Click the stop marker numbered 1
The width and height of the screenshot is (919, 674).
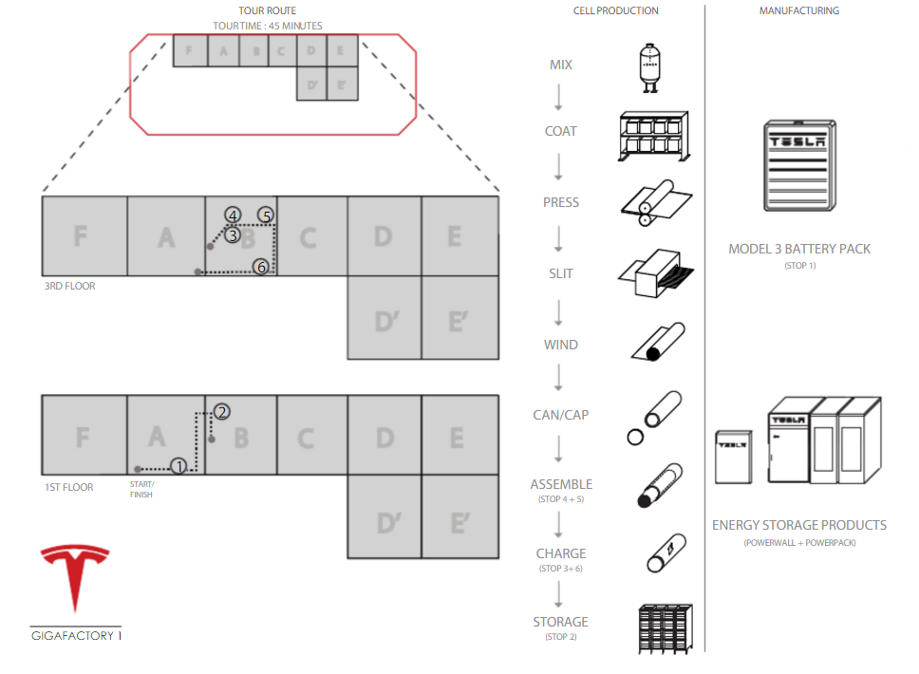coord(178,465)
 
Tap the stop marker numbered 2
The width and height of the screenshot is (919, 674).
coord(221,412)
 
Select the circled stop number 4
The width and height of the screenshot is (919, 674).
coord(233,215)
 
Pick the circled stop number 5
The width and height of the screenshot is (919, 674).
coord(267,215)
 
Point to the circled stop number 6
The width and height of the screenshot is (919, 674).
coord(261,267)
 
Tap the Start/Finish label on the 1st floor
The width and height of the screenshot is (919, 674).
coord(141,489)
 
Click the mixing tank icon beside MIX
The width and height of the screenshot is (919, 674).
coord(648,66)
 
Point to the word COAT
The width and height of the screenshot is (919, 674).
coord(560,131)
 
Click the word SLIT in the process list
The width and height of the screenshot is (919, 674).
coord(560,273)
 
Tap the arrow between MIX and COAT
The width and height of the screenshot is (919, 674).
coord(559,97)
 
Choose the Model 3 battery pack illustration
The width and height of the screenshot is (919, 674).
coord(798,167)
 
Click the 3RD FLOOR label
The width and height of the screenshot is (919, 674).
coord(69,285)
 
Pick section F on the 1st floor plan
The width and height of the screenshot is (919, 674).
coord(84,438)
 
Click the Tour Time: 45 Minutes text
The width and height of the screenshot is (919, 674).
coord(267,26)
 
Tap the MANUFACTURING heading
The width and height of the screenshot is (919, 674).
coord(798,10)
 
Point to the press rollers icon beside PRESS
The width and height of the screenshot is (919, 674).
coord(654,201)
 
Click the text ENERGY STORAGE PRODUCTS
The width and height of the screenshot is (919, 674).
coord(799,525)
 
